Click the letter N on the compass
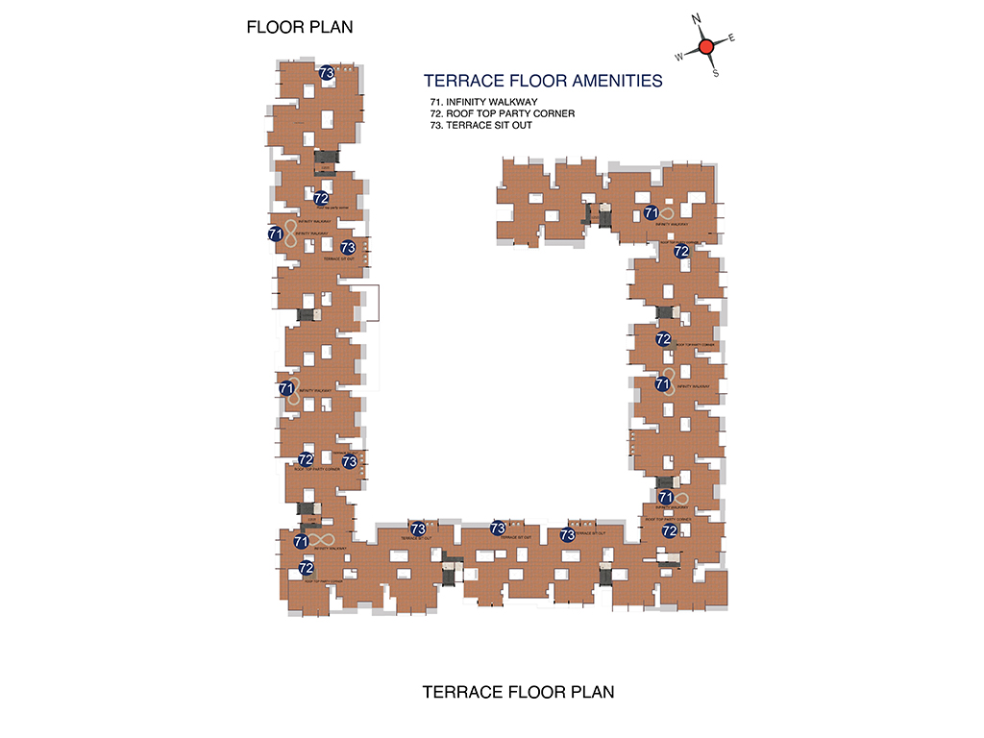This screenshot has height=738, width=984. point(697,18)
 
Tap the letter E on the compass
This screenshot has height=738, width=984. point(732,38)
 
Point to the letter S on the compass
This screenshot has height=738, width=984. point(715,73)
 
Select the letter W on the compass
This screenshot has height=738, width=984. point(679,57)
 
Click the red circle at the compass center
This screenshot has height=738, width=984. point(705,46)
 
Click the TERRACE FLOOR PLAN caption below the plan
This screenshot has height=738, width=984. point(518,692)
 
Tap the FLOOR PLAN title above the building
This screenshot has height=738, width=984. point(300,27)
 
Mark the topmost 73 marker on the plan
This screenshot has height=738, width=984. point(326,72)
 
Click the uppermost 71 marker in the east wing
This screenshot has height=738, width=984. point(651,212)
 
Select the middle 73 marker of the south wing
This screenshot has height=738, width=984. point(498,528)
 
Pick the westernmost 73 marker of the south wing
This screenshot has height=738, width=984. point(418,529)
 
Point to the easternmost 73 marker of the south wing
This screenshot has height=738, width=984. point(567,534)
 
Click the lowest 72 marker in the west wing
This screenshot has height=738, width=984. point(307,568)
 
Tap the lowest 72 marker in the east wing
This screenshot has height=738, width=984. point(670,529)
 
